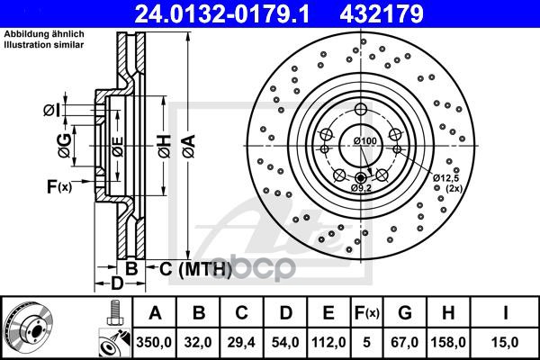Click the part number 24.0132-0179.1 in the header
[x=222, y=14]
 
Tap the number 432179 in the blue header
[x=382, y=14]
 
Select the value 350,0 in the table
[x=154, y=342]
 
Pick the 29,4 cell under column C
[x=241, y=342]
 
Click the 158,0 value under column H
[x=448, y=342]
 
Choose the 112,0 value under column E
[x=328, y=342]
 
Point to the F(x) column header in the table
[x=367, y=313]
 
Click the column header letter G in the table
[x=405, y=313]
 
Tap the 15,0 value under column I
[x=505, y=342]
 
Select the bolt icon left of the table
[x=115, y=312]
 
